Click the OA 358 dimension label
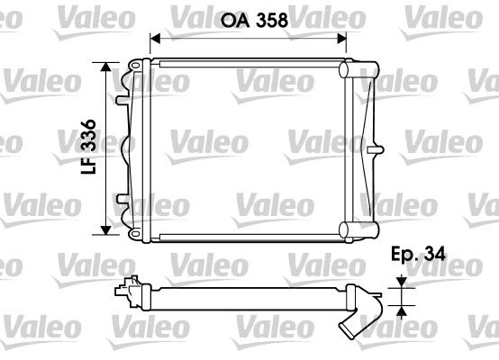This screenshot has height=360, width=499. (254, 21)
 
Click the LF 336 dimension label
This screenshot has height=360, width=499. (88, 147)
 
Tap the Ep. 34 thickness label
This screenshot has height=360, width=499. (418, 254)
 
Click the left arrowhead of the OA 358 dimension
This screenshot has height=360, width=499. (155, 39)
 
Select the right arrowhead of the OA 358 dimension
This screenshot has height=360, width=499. (341, 39)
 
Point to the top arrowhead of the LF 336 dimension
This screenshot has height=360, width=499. (105, 67)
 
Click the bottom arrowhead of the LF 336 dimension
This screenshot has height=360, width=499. (105, 230)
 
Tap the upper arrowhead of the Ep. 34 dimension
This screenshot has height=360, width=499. (403, 282)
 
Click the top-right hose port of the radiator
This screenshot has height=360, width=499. (358, 69)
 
